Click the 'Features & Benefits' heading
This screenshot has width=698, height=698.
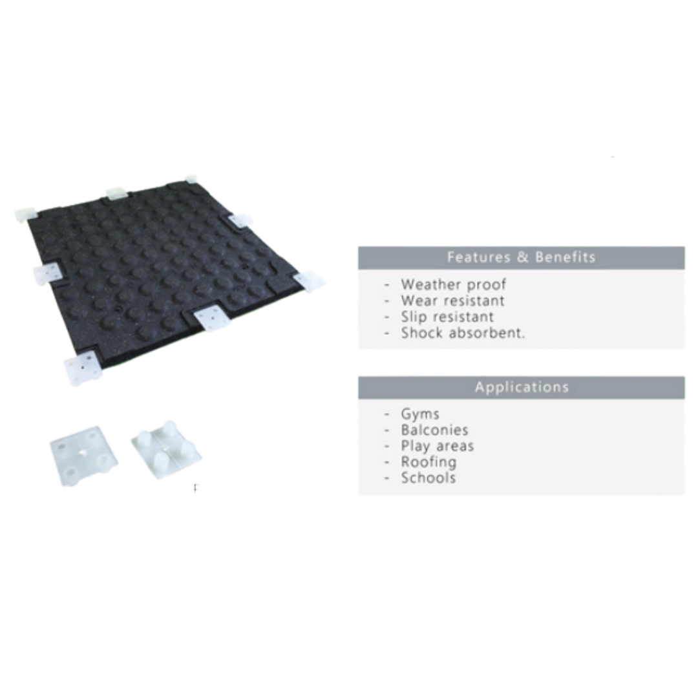tap(521, 257)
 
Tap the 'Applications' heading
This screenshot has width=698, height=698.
tap(522, 387)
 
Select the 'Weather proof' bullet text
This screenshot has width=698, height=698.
tap(453, 284)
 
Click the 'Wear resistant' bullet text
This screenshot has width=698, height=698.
tap(452, 301)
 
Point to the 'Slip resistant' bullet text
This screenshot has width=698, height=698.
tap(447, 317)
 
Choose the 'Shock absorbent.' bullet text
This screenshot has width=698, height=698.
tap(463, 333)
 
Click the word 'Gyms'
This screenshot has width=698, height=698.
tap(420, 414)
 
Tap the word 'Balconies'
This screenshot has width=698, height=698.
tap(434, 430)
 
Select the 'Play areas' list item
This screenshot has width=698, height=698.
tap(437, 446)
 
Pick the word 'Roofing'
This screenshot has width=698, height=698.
tap(428, 462)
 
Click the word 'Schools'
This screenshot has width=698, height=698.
tap(428, 478)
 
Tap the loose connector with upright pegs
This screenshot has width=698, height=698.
tap(166, 450)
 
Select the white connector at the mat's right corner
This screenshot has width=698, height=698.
tap(310, 280)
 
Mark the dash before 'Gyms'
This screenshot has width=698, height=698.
tap(387, 414)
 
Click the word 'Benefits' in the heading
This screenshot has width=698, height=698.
tap(566, 257)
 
